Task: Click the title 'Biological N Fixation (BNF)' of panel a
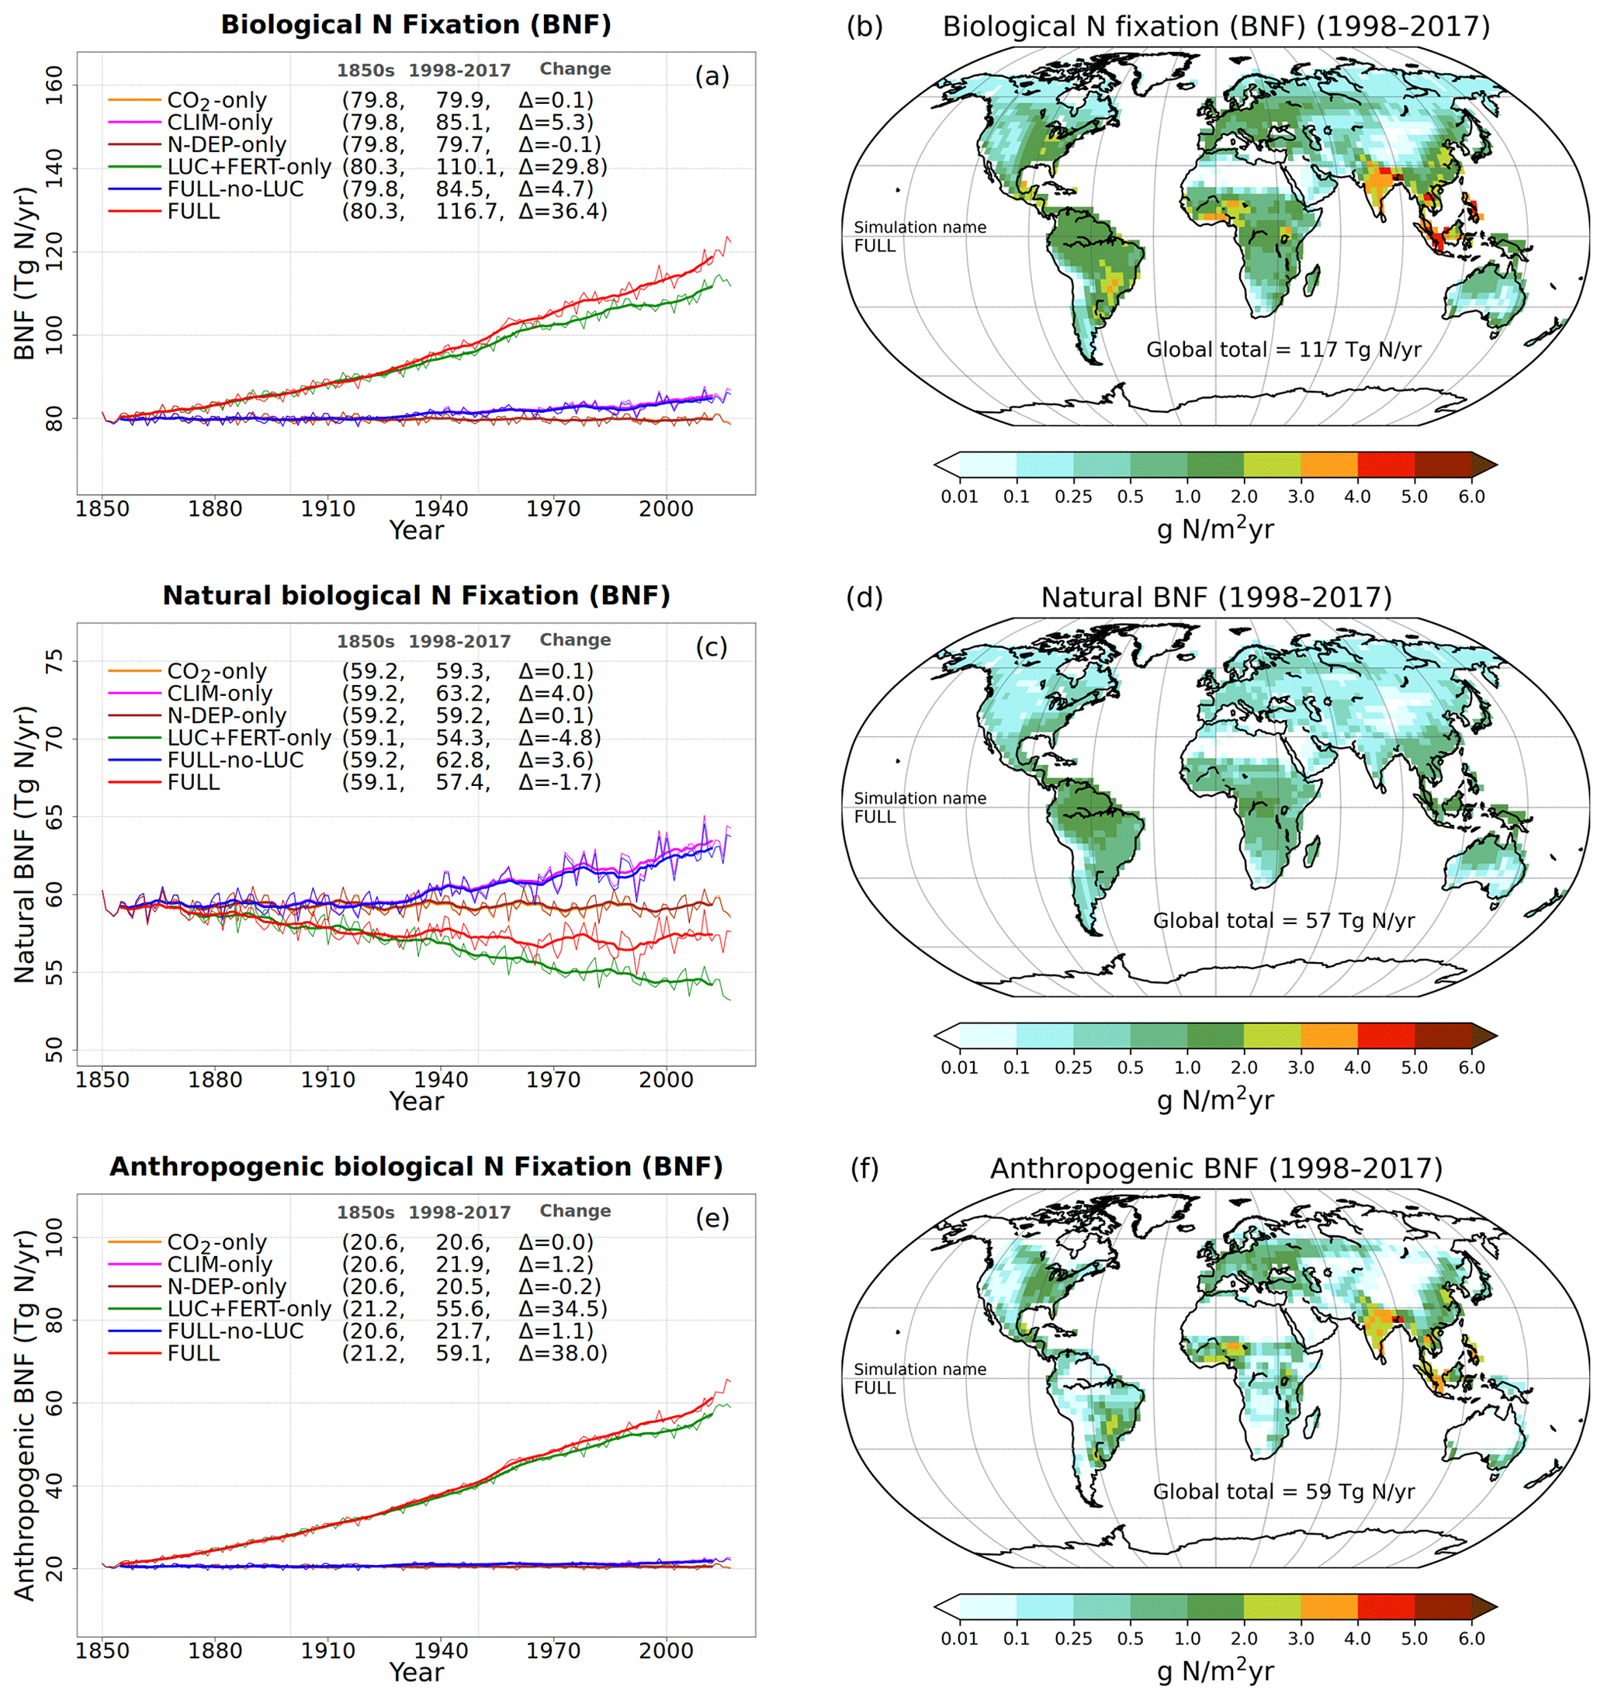point(416,25)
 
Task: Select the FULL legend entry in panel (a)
point(193,211)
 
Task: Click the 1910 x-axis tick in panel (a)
point(327,509)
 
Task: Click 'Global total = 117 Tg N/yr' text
point(1284,350)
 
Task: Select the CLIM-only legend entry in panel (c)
point(220,694)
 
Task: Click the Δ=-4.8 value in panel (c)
point(559,738)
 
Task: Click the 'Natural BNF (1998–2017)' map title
point(1217,597)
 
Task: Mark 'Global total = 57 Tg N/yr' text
point(1284,921)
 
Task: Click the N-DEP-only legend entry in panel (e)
point(227,1287)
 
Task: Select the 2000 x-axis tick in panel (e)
point(666,1651)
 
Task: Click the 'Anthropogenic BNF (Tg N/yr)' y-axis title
point(25,1415)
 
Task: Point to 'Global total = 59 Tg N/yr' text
point(1284,1492)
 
